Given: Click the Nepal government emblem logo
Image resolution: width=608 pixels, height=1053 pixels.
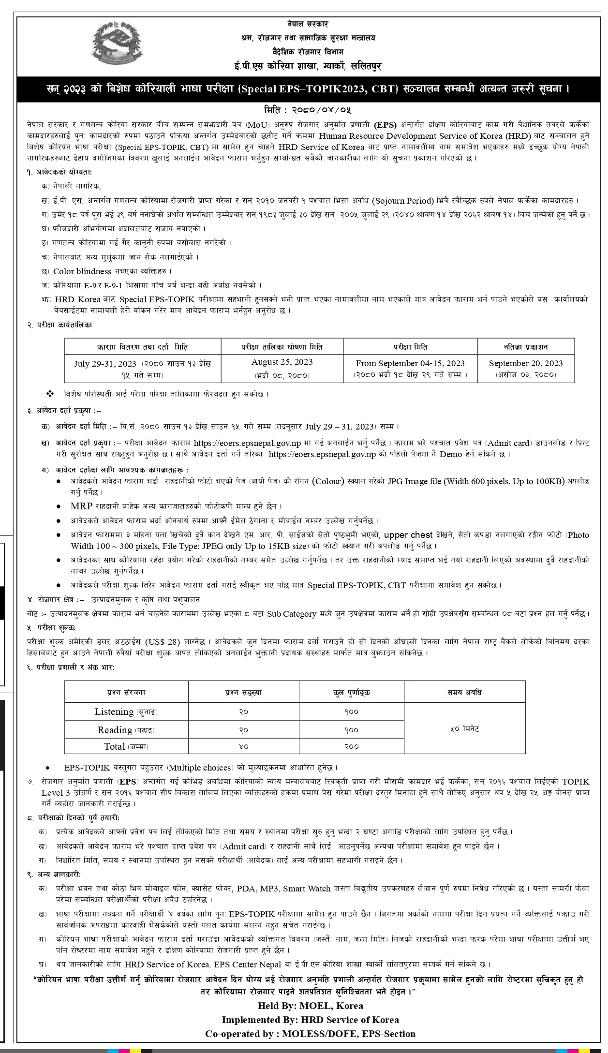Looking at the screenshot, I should (x=118, y=45).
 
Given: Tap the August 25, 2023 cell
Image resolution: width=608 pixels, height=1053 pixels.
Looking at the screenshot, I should (x=282, y=368).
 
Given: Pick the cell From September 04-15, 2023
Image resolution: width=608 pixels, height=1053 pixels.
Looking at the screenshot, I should (x=410, y=369).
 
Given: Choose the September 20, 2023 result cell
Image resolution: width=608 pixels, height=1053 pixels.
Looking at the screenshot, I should (x=526, y=369).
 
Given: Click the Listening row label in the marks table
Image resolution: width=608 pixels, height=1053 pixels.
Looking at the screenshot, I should (x=126, y=712).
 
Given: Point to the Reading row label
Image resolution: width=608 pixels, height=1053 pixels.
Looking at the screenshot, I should (x=126, y=730).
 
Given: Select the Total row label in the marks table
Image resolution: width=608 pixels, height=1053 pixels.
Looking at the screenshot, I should (x=126, y=746).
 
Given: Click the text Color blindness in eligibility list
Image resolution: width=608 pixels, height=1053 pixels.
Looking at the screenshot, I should (x=82, y=271).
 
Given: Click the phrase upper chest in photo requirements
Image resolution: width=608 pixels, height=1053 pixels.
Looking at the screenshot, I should (x=408, y=535).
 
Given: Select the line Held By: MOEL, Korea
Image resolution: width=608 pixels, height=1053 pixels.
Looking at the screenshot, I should (x=310, y=1006).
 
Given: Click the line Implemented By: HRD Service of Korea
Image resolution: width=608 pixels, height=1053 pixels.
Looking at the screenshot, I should (x=310, y=1020).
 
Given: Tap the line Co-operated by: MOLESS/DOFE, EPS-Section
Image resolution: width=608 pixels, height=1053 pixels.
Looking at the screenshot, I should (x=310, y=1034).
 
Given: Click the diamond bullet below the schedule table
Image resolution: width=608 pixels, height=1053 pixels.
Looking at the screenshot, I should (x=50, y=394).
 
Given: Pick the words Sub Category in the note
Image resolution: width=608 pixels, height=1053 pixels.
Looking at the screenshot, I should (x=291, y=614).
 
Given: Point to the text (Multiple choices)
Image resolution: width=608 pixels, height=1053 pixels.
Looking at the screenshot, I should (x=199, y=768).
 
